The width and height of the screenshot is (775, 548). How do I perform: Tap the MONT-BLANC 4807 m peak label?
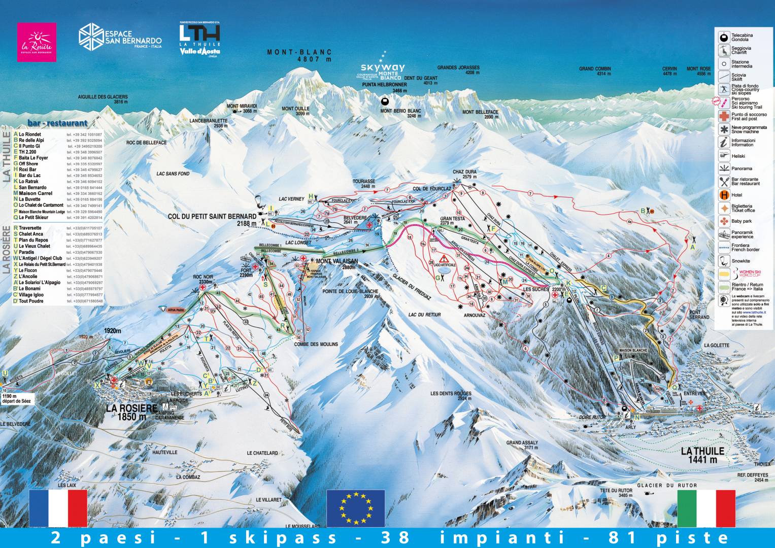coord(299,55)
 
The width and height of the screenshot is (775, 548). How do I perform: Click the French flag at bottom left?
coord(58,508)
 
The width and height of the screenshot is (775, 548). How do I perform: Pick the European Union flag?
coord(355,508)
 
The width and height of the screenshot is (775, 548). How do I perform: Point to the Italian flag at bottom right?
coord(706,508)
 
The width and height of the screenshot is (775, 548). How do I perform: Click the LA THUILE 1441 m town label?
coord(702,455)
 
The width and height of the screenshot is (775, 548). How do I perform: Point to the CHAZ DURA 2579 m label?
coord(465,174)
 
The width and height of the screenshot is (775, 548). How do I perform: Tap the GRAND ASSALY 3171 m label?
coord(522,445)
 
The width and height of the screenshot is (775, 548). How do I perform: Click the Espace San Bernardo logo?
coord(120,37)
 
